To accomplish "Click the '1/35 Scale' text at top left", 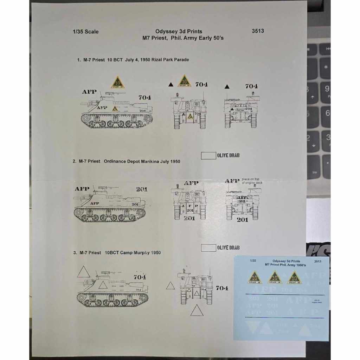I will pyautogui.click(x=85, y=32).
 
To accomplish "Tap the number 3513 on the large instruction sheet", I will pyautogui.click(x=258, y=31).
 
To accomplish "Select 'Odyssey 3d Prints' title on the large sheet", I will pyautogui.click(x=179, y=31).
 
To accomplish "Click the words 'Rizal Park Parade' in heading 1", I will pyautogui.click(x=171, y=60).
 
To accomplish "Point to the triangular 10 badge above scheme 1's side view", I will pyautogui.click(x=118, y=83).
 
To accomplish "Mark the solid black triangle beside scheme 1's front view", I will pyautogui.click(x=171, y=84).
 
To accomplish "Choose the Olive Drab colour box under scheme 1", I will pyautogui.click(x=208, y=155).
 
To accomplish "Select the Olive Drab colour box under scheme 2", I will pyautogui.click(x=208, y=247).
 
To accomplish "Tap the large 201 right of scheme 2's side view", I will pyautogui.click(x=142, y=189).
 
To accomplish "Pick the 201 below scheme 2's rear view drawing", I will pyautogui.click(x=242, y=220).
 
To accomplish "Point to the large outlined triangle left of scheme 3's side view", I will pyautogui.click(x=84, y=272).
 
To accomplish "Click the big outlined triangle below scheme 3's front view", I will pyautogui.click(x=197, y=310).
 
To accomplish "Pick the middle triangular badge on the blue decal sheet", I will pyautogui.click(x=275, y=278).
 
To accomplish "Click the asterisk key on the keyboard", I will pyautogui.click(x=326, y=67).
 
